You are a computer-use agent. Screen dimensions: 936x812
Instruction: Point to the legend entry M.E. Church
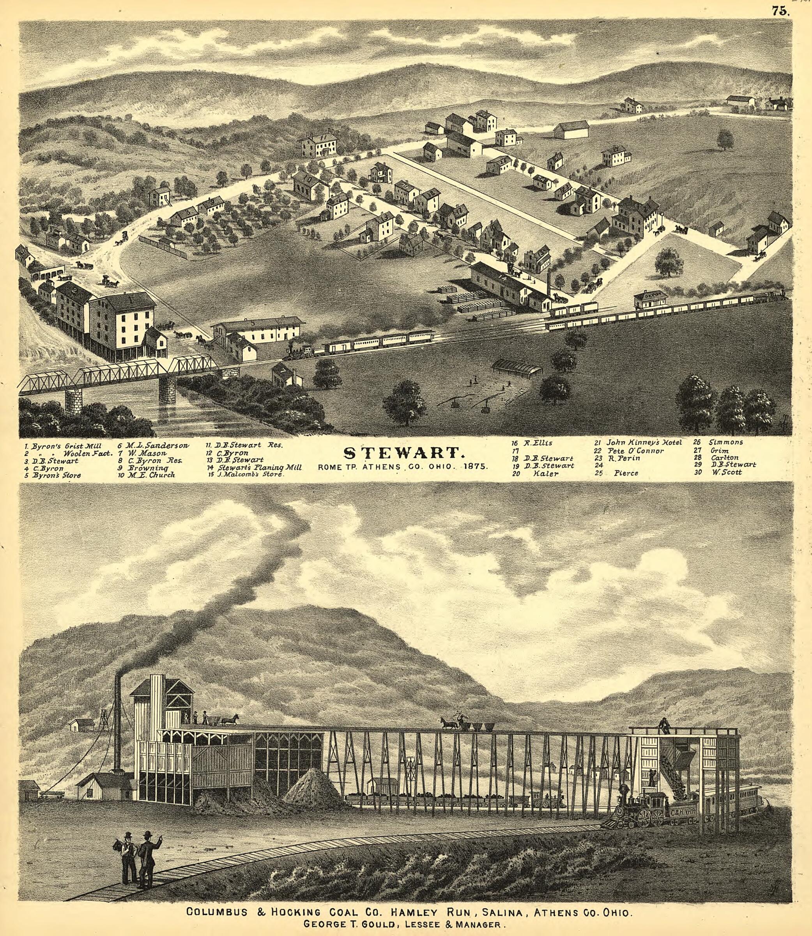click(150, 475)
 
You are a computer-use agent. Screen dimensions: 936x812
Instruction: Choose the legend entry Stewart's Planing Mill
click(257, 467)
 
